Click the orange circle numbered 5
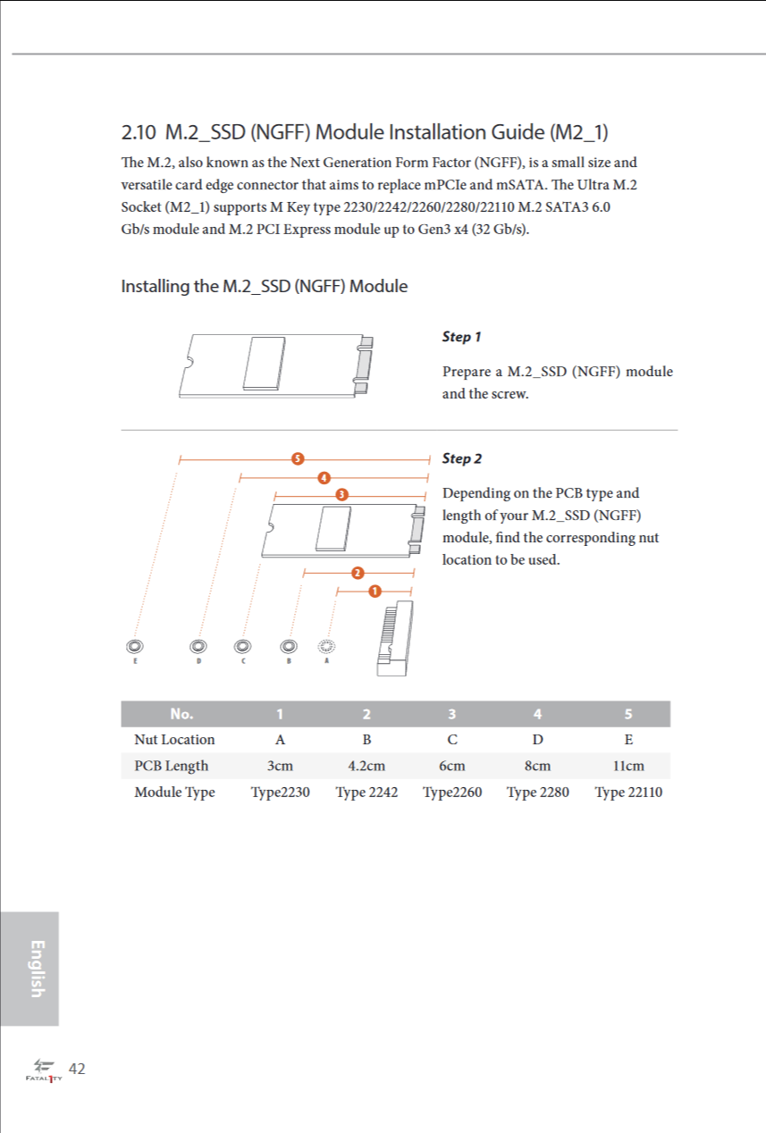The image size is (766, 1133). [298, 458]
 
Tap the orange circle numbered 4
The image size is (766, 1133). [324, 477]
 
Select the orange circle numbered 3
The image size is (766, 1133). [342, 494]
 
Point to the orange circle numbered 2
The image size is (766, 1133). [358, 573]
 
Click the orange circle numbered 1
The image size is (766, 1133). [375, 591]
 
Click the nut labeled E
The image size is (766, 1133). [135, 646]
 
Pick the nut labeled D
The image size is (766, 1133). [198, 646]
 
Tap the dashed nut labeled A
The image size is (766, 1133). [326, 646]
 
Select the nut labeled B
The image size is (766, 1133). [289, 646]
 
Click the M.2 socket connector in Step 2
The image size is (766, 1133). [395, 638]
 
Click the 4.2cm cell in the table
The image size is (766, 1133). [366, 766]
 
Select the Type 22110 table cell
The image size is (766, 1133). [628, 792]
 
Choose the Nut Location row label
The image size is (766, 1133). [174, 740]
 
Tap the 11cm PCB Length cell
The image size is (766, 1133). [628, 766]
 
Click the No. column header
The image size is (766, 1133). [181, 714]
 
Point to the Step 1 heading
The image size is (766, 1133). [461, 337]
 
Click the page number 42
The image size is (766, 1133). [77, 1069]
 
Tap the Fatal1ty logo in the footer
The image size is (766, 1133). [44, 1070]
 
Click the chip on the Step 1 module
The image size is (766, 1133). [264, 363]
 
